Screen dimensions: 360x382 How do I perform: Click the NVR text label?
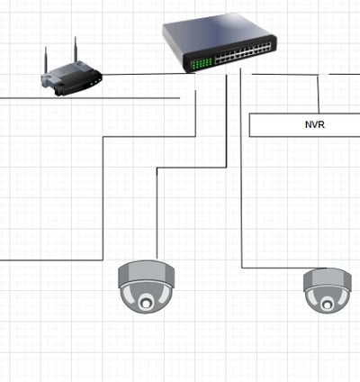(315, 124)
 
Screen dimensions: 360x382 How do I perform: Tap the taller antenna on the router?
(76, 50)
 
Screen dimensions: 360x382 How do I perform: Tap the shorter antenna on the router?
(46, 60)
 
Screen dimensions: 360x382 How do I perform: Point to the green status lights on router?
(95, 81)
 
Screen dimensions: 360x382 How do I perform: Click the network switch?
(220, 42)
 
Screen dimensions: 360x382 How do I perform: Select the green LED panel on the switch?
(202, 63)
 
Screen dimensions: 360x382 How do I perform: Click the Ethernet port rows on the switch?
(243, 53)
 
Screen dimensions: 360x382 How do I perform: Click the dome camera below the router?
(146, 286)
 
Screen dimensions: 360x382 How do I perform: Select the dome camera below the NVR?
(328, 290)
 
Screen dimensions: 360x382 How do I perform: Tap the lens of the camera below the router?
(146, 303)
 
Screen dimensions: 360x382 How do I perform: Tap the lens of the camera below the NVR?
(327, 305)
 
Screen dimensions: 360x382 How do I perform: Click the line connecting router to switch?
(148, 74)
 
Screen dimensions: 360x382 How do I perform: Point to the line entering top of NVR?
(319, 94)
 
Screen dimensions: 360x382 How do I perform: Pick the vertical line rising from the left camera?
(157, 214)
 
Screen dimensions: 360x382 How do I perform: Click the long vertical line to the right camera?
(241, 168)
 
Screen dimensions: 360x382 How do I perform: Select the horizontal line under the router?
(90, 98)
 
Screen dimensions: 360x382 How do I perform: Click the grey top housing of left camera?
(147, 272)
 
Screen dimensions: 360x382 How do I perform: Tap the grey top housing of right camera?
(328, 278)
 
